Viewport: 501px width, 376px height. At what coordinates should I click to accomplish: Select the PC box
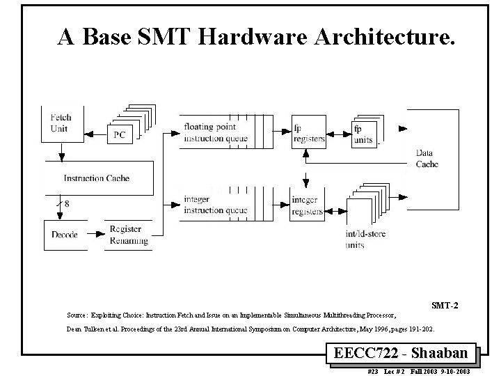point(119,134)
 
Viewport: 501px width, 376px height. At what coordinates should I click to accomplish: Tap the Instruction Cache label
point(97,178)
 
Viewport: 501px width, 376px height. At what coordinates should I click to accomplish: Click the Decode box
point(65,234)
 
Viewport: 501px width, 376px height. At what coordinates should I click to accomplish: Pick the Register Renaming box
point(128,235)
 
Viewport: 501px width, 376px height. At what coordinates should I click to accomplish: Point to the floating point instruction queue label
point(210,132)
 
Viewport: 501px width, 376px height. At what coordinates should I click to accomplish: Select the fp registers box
point(308,132)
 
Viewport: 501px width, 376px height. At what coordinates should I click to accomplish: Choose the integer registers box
point(308,205)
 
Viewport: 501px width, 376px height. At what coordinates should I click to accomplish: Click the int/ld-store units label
point(364,240)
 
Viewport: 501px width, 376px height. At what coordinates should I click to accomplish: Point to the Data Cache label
point(427,158)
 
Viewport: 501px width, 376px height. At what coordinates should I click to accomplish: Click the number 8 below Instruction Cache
point(67,204)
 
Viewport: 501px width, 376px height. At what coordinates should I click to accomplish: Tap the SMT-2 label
point(444,305)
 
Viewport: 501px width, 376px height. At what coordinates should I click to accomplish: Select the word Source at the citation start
point(77,315)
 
